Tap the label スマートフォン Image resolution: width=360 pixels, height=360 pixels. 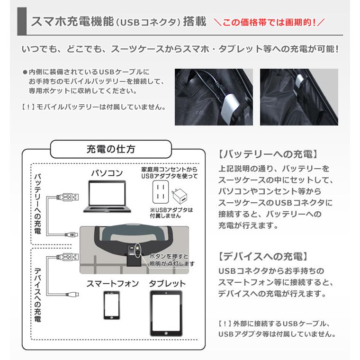click(112, 284)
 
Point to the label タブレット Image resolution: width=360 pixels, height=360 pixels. click(167, 284)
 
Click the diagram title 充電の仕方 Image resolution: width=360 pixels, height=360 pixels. click(111, 149)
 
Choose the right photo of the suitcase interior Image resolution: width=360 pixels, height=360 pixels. click(298, 97)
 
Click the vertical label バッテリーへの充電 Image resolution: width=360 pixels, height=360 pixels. click(37, 204)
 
